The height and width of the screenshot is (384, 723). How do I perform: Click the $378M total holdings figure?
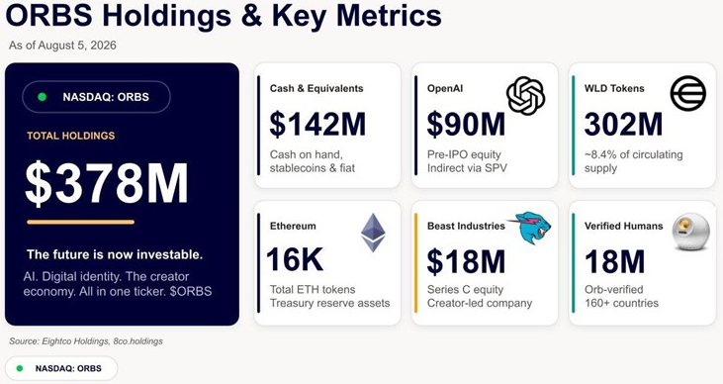click(x=107, y=183)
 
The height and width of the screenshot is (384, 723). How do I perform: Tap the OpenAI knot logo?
click(x=525, y=96)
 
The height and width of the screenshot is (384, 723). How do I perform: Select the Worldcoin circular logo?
click(x=688, y=93)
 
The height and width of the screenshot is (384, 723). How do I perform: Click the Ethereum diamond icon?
click(x=373, y=233)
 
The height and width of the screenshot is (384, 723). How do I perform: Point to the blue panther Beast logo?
click(x=532, y=228)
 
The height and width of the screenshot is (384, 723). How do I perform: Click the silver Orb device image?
click(x=690, y=232)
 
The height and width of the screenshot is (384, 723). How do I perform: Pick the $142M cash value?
click(x=317, y=124)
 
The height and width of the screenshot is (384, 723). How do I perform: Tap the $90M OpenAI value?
click(x=466, y=124)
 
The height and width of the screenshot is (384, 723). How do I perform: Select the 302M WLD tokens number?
click(x=623, y=124)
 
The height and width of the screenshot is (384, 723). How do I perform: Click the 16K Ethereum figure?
click(x=295, y=259)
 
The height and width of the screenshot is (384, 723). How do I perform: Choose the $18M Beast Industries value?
click(x=466, y=260)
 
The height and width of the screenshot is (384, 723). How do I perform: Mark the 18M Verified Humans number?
click(x=614, y=260)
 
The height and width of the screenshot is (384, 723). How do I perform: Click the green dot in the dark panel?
click(x=42, y=97)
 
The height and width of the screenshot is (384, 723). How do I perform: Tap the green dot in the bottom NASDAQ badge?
click(x=20, y=368)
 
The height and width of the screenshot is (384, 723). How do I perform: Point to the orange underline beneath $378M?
click(x=81, y=222)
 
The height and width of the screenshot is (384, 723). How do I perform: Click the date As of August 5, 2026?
click(x=62, y=46)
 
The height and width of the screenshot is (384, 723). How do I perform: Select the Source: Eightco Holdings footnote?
click(x=86, y=341)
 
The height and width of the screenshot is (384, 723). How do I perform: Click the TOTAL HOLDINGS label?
click(x=70, y=136)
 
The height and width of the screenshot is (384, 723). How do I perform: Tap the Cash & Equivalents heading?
click(x=316, y=88)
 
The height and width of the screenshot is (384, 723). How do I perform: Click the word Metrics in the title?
click(x=389, y=15)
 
